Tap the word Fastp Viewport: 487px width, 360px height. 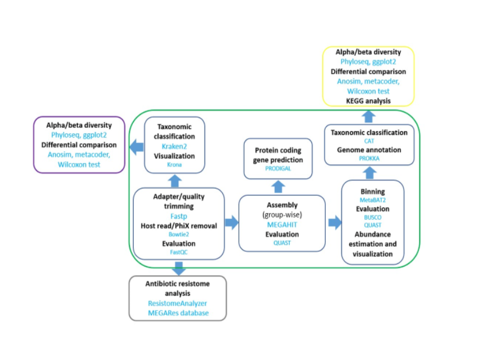coord(178,216)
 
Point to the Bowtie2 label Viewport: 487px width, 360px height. coord(178,234)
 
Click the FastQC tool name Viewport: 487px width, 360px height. coord(178,252)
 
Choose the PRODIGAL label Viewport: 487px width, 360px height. coord(278,168)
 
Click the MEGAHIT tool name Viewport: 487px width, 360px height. coord(282,224)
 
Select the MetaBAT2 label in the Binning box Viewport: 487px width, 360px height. coord(372,199)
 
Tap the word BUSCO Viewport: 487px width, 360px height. coord(372,218)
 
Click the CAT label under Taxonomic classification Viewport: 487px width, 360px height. coord(369,141)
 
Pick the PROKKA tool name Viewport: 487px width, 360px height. coord(369,158)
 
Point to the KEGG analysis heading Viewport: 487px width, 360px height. coord(368,100)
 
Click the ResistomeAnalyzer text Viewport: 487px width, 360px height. coord(177,303)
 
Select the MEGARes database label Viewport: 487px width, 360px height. coord(177,313)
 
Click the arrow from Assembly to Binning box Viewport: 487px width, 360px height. coord(333,223)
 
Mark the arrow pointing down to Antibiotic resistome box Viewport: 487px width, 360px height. coord(178,268)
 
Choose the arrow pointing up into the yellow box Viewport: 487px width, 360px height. coord(369,115)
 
